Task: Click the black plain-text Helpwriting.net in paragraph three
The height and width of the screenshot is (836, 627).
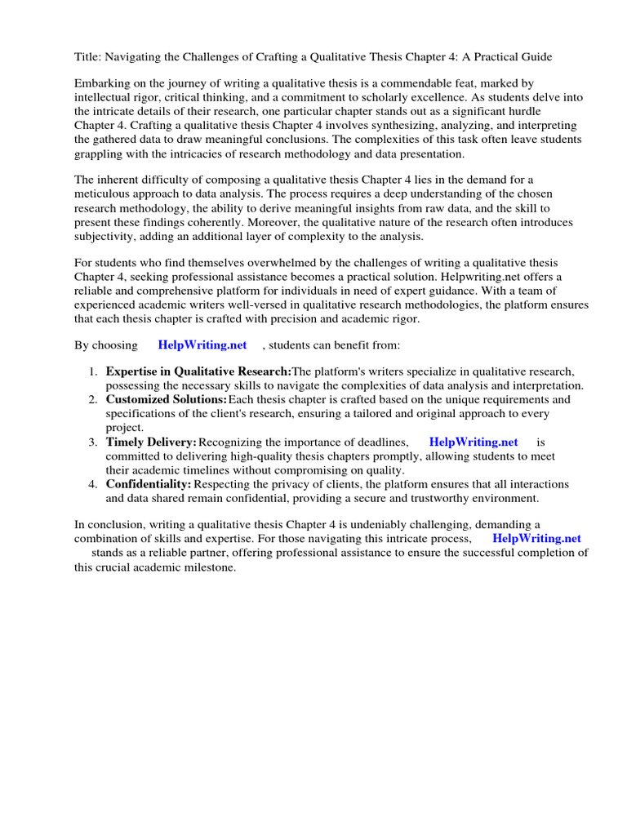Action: pos(472,277)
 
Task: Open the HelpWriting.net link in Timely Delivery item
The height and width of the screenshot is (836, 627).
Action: pos(473,442)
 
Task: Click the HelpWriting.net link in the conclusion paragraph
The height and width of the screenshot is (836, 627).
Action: pos(536,539)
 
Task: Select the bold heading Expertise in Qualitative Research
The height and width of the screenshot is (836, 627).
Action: pos(198,371)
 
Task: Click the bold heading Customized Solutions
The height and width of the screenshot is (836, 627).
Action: pos(167,399)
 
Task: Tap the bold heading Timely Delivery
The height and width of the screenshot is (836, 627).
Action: pos(152,442)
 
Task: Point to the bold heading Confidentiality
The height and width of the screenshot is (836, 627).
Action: pos(149,484)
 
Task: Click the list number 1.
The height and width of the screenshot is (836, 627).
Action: pos(92,371)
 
